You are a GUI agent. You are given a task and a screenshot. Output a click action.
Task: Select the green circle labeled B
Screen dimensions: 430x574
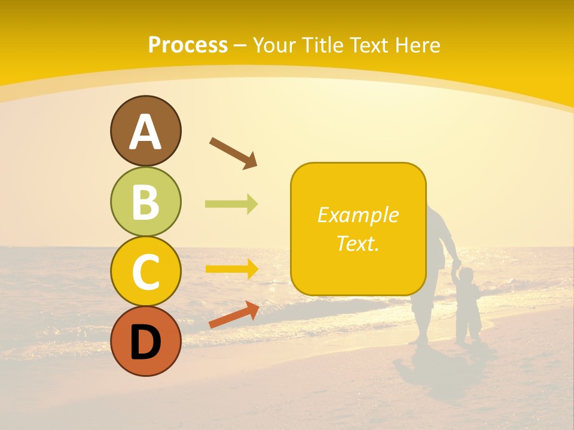coord(145,202)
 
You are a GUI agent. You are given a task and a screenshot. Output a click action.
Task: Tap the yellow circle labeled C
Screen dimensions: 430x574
coord(145,272)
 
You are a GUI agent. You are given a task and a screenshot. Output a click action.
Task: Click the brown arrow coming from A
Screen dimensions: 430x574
coord(233,152)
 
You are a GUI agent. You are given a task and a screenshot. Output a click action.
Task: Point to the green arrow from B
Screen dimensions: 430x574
coord(231,204)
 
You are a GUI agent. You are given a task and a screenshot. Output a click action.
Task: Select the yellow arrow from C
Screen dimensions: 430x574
coord(232,269)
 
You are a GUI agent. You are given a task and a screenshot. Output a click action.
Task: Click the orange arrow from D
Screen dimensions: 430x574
coord(234,315)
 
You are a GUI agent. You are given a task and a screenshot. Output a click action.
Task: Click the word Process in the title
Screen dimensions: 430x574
coord(188,45)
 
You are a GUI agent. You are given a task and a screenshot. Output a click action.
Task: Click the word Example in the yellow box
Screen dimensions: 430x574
coord(358,215)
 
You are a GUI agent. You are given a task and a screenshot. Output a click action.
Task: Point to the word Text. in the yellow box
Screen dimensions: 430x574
coord(358,243)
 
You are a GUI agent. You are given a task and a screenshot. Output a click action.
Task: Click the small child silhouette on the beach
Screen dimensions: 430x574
coord(468,305)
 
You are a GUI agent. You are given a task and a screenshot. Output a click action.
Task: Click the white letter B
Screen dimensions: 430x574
coord(145,202)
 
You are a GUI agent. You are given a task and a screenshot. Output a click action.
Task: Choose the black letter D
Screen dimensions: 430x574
coord(145,342)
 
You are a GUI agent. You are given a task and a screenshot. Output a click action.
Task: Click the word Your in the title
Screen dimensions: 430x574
coord(274,45)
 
